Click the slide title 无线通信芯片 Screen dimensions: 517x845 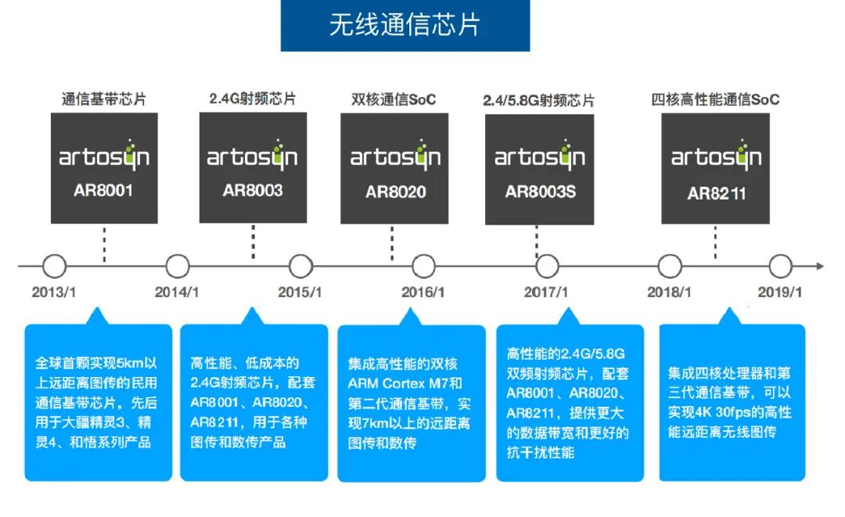click(405, 25)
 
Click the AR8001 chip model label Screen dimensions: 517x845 click(104, 190)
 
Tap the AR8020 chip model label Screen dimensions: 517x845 click(395, 192)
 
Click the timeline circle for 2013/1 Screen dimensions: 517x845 click(54, 267)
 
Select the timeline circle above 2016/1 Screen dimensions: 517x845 click(422, 267)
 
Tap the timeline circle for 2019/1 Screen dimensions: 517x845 click(780, 267)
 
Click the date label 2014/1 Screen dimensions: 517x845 click(177, 293)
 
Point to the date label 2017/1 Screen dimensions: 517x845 click(546, 293)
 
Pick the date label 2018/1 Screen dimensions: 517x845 click(669, 293)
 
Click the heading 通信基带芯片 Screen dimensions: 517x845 click(104, 100)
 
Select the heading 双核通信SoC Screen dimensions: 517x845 click(394, 100)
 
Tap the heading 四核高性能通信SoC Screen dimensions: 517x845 click(715, 100)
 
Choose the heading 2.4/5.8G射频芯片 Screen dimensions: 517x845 click(538, 101)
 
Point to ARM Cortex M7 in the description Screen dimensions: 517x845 click(405, 383)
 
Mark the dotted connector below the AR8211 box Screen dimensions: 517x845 click(715, 242)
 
